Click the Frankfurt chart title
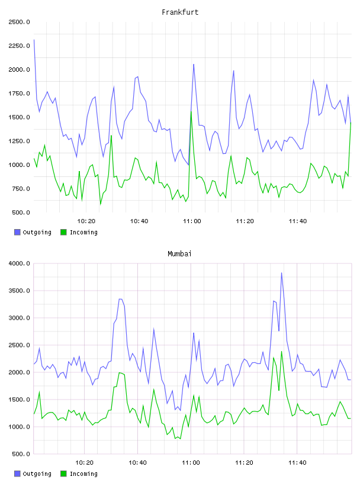click(x=180, y=12)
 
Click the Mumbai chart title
click(x=179, y=253)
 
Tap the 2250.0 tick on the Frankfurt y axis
click(x=19, y=46)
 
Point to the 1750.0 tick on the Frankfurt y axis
click(x=19, y=94)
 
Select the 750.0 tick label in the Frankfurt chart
click(x=21, y=188)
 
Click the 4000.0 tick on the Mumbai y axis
click(x=19, y=263)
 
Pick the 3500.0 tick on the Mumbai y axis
click(x=19, y=291)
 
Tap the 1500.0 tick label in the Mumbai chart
click(x=19, y=400)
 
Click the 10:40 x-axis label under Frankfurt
click(x=139, y=221)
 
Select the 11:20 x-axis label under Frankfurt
click(x=245, y=221)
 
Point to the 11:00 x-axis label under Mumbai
click(x=191, y=462)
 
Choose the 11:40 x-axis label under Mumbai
click(x=297, y=462)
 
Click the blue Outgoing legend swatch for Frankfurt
click(x=17, y=232)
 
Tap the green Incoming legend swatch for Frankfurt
click(x=63, y=232)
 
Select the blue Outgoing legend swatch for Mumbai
click(x=17, y=474)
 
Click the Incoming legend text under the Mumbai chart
click(x=83, y=474)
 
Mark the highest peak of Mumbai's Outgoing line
click(x=281, y=273)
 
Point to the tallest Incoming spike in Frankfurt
click(x=191, y=111)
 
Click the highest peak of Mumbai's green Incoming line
click(x=281, y=351)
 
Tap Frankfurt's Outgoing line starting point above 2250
click(x=34, y=40)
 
